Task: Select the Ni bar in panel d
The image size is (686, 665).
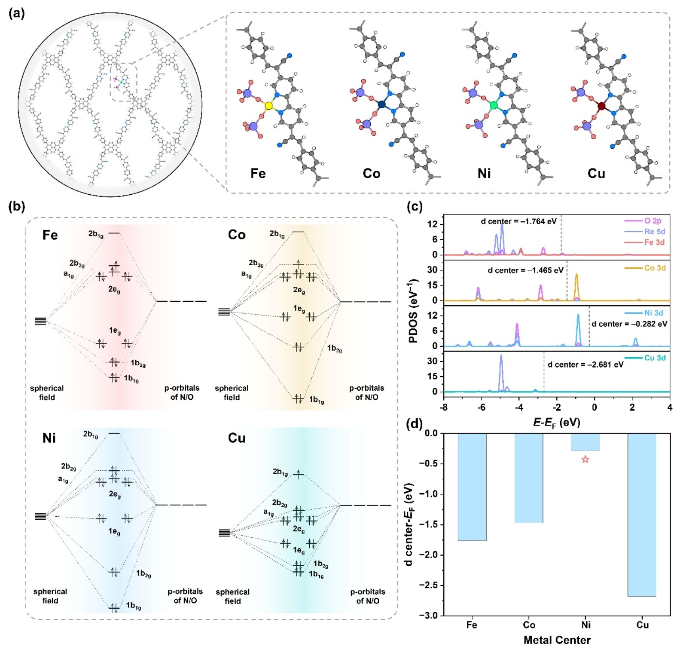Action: (585, 442)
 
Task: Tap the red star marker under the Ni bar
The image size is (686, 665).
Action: (585, 460)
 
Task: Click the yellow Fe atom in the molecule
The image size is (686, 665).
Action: (268, 106)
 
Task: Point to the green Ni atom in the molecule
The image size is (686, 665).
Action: (494, 105)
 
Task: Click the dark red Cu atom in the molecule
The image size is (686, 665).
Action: (602, 106)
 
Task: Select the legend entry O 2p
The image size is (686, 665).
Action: (652, 221)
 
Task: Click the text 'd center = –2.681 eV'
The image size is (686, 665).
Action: (585, 364)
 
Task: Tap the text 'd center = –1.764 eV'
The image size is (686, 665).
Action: (518, 221)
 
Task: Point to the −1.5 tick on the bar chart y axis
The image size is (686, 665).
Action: (432, 524)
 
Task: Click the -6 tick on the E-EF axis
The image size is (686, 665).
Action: (481, 407)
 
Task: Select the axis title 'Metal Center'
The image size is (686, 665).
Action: (557, 640)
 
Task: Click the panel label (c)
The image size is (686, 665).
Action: (414, 206)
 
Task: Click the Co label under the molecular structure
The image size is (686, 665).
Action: (371, 174)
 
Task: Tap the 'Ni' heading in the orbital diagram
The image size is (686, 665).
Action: (49, 438)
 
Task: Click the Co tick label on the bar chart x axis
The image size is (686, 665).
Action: (529, 625)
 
